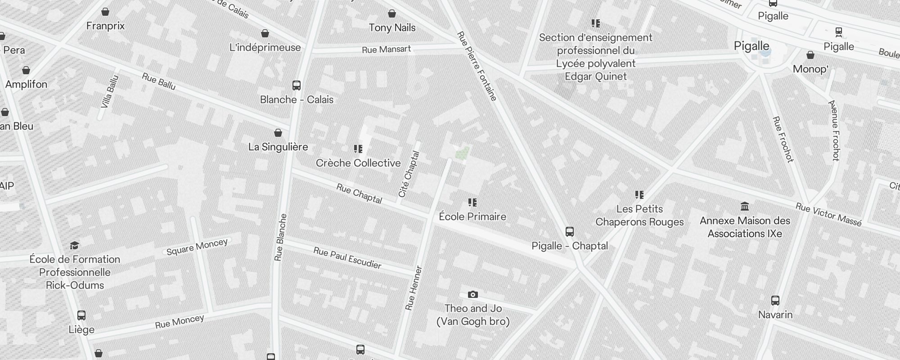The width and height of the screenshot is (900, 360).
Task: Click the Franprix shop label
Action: pyautogui.click(x=105, y=26)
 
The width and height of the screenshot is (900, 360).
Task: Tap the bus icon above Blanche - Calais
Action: pyautogui.click(x=296, y=85)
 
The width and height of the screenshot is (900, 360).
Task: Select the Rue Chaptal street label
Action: pyautogui.click(x=359, y=194)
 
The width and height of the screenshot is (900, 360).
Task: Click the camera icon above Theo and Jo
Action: pyautogui.click(x=472, y=295)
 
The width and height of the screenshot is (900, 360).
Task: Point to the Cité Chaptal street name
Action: pyautogui.click(x=409, y=174)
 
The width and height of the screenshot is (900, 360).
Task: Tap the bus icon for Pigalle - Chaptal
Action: pyautogui.click(x=569, y=232)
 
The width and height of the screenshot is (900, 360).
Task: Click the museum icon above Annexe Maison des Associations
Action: pyautogui.click(x=745, y=207)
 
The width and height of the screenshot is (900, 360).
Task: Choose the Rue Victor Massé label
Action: pyautogui.click(x=828, y=214)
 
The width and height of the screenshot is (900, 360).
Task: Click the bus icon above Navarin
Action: pyautogui.click(x=775, y=301)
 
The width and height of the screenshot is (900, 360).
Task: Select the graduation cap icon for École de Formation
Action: pyautogui.click(x=75, y=245)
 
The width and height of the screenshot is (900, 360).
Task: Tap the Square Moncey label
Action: pyautogui.click(x=197, y=247)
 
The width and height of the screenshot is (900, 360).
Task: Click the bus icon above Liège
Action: pyautogui.click(x=81, y=315)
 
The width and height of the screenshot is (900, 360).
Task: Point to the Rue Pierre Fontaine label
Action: pyautogui.click(x=477, y=66)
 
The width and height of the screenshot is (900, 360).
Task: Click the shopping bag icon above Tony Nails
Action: pyautogui.click(x=392, y=14)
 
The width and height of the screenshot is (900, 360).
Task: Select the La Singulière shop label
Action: pyautogui.click(x=278, y=147)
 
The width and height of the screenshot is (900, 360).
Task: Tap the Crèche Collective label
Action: pyautogui.click(x=358, y=163)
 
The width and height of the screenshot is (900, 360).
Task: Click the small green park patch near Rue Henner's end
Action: pyautogui.click(x=463, y=153)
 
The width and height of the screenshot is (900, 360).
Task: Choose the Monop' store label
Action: pyautogui.click(x=810, y=69)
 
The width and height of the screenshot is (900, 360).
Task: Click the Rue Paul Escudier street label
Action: pyautogui.click(x=347, y=258)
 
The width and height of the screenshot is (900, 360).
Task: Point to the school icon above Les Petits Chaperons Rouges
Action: pyautogui.click(x=639, y=195)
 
